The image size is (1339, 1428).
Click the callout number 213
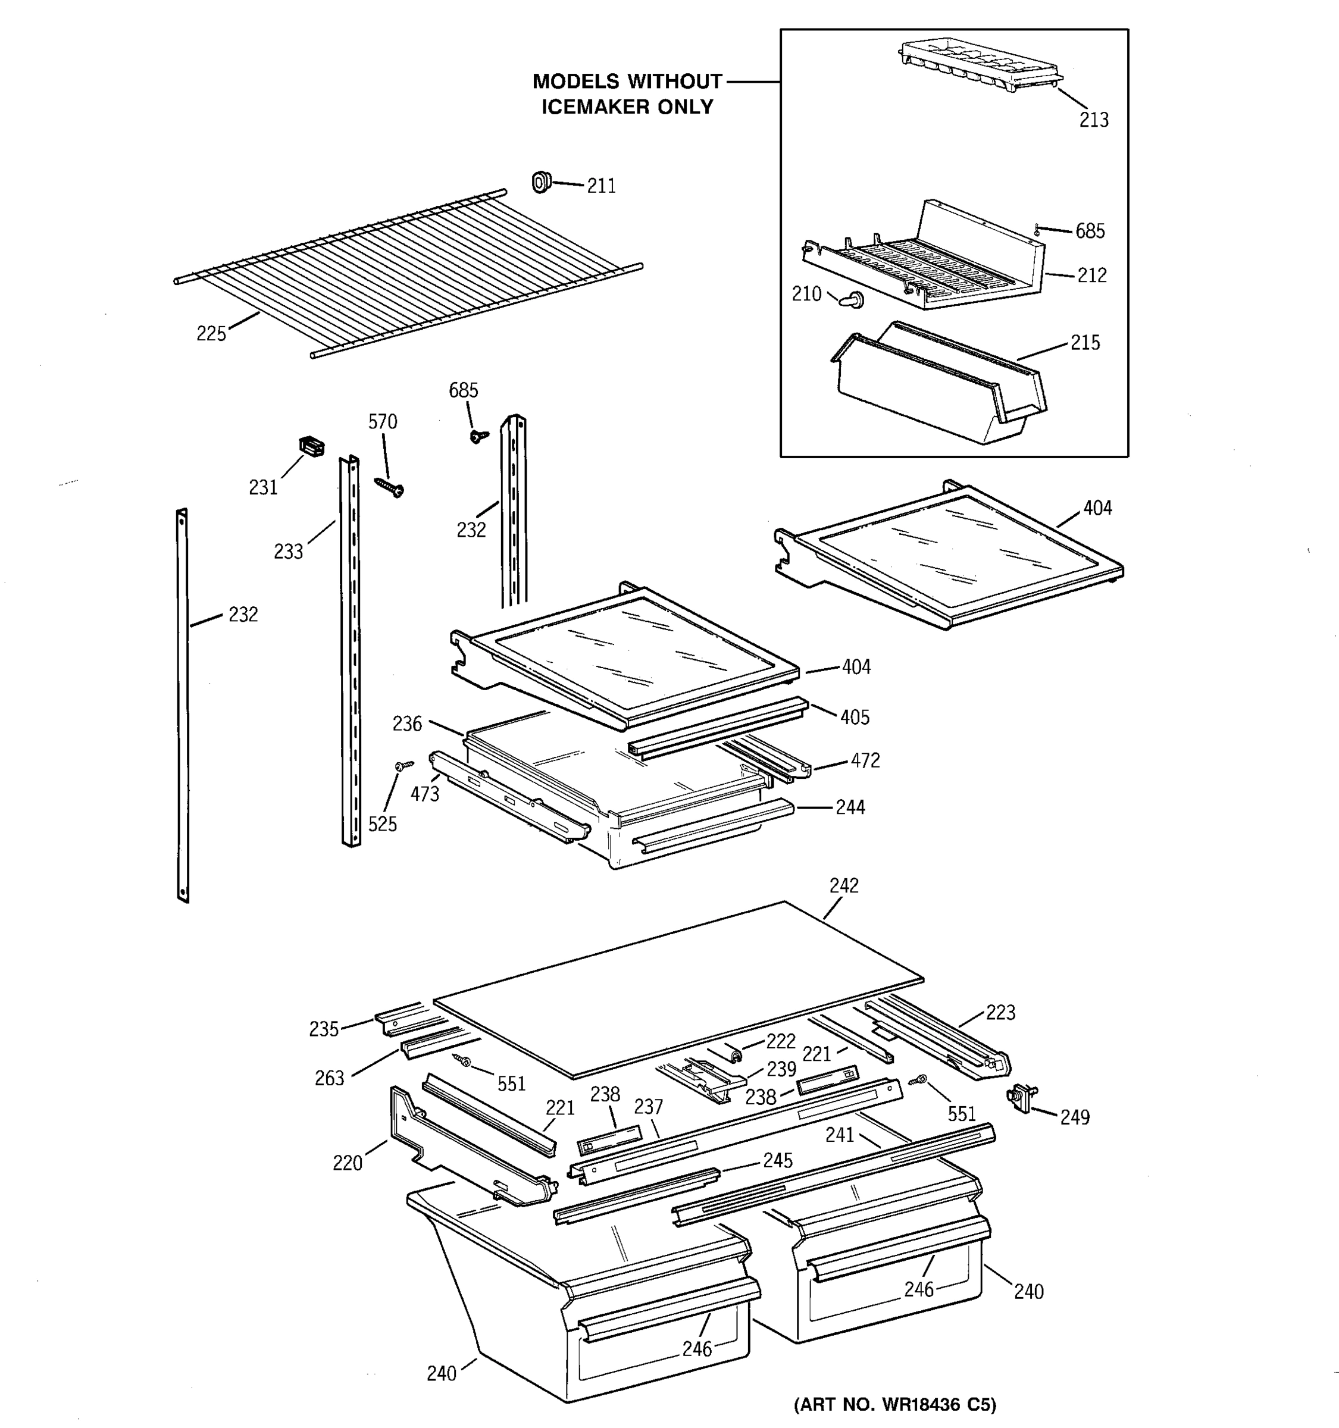[x=1093, y=120]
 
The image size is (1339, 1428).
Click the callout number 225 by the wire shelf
[x=211, y=334]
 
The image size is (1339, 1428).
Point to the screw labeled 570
[x=390, y=488]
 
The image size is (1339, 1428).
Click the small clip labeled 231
[x=311, y=446]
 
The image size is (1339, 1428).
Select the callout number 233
[x=288, y=552]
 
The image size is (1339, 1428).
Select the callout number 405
[x=855, y=717]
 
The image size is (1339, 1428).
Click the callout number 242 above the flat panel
[x=844, y=886]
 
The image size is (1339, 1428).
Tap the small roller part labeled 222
[x=733, y=1053]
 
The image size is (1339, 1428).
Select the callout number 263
[x=329, y=1078]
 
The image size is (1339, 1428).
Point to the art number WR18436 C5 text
[x=894, y=1404]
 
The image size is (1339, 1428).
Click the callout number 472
[x=865, y=760]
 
